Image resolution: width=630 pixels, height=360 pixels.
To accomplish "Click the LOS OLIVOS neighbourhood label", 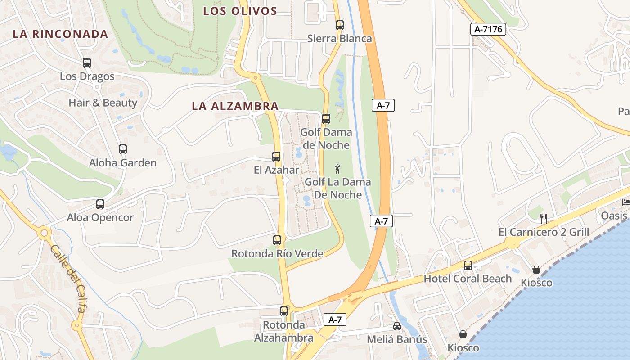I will (240, 11).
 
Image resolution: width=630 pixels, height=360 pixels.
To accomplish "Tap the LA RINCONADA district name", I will (60, 34).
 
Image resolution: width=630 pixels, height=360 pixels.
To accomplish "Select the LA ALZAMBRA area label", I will (235, 106).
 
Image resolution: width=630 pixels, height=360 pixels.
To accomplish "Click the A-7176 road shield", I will (488, 30).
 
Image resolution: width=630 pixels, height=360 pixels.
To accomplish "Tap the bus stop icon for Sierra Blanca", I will (340, 25).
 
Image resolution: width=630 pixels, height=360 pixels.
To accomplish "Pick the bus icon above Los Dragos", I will (87, 63).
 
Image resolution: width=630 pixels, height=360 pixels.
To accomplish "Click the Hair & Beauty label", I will (103, 103).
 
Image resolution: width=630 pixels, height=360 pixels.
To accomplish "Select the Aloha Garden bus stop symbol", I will (123, 149).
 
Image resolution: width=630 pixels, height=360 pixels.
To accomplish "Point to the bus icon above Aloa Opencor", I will (100, 204).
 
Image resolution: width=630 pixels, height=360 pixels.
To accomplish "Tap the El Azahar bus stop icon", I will (276, 157).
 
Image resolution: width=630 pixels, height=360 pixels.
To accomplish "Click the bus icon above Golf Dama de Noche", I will (326, 119).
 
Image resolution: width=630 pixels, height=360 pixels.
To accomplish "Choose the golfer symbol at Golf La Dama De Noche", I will (338, 169).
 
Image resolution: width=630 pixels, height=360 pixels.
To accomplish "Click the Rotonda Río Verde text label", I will (277, 253).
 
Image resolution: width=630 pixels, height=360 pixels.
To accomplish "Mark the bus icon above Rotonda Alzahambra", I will (284, 311).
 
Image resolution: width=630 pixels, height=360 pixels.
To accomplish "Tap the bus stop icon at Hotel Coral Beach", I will (468, 265).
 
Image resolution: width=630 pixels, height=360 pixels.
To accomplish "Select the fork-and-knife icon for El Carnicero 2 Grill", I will (544, 219).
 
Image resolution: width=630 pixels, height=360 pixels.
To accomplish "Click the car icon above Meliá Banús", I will (396, 326).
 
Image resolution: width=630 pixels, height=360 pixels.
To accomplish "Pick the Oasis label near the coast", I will (614, 216).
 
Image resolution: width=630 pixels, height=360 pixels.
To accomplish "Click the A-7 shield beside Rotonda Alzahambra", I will (335, 320).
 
